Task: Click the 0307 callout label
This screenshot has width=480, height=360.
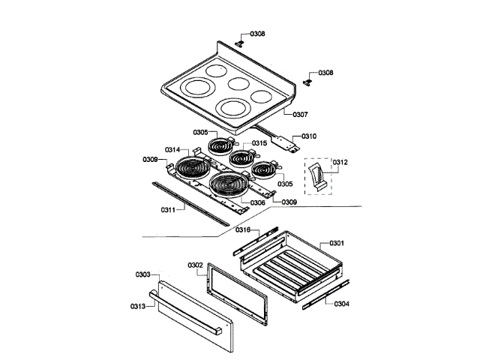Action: pyautogui.click(x=299, y=115)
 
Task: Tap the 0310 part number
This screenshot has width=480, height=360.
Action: pyautogui.click(x=309, y=136)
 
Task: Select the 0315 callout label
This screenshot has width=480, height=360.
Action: pyautogui.click(x=259, y=142)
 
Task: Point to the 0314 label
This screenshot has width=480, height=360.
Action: pyautogui.click(x=172, y=150)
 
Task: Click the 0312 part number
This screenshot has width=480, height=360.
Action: pyautogui.click(x=340, y=162)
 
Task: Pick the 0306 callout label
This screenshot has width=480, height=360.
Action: pyautogui.click(x=257, y=202)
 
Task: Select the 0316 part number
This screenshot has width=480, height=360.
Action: pyautogui.click(x=243, y=229)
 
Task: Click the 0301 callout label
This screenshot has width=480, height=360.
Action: pyautogui.click(x=336, y=243)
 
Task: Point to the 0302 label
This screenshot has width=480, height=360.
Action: pyautogui.click(x=195, y=265)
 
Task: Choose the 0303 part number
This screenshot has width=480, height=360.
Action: pyautogui.click(x=142, y=274)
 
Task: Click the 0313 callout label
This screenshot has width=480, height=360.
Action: pyautogui.click(x=136, y=306)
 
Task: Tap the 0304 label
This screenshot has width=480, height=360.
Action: pyautogui.click(x=341, y=304)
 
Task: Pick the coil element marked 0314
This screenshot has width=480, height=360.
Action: pyautogui.click(x=188, y=169)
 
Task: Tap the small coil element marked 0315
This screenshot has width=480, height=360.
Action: pyautogui.click(x=241, y=157)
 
